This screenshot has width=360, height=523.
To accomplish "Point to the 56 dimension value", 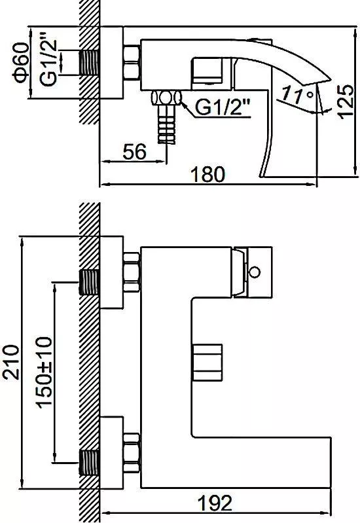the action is [134, 152].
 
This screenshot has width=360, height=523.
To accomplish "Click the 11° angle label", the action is [298, 94].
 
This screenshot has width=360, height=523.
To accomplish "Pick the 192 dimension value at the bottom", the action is [215, 503].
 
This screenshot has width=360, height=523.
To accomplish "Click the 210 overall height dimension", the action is [10, 362].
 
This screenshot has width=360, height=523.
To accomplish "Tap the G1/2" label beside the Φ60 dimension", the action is [48, 63].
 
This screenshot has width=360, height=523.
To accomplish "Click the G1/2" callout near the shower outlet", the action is [223, 107].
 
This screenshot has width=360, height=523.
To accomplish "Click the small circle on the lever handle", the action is [255, 272].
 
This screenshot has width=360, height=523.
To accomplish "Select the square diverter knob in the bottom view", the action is [207, 362].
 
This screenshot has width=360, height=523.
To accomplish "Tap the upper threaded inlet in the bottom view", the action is [89, 282].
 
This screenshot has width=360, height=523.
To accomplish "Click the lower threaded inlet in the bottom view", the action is [89, 463].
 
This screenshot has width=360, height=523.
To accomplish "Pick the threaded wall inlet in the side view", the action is [89, 63].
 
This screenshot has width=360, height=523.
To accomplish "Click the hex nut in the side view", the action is [132, 63].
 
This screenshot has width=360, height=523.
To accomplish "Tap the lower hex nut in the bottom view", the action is [132, 452].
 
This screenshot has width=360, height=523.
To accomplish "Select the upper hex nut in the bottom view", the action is [132, 272].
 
